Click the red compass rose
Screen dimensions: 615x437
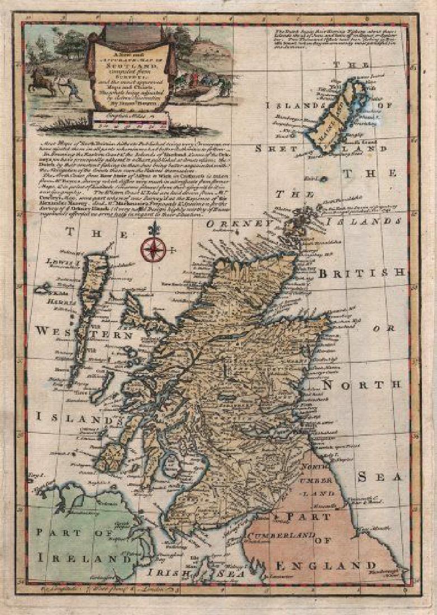[x=154, y=249]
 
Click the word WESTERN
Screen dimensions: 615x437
[x=84, y=332]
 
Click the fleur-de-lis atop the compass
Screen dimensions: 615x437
[x=154, y=228]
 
